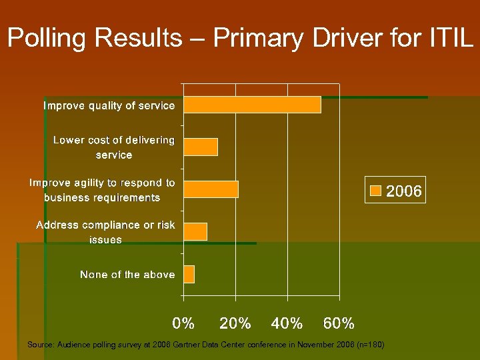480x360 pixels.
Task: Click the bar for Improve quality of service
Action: pyautogui.click(x=252, y=105)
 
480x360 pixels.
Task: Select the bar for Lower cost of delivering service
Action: pyautogui.click(x=201, y=147)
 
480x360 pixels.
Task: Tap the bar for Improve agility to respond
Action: pyautogui.click(x=211, y=189)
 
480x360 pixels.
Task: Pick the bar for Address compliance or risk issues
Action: pyautogui.click(x=195, y=231)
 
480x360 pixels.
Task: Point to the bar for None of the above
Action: pyautogui.click(x=189, y=274)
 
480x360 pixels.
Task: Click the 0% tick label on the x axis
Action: pyautogui.click(x=183, y=324)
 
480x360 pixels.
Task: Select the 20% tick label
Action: pyautogui.click(x=235, y=324)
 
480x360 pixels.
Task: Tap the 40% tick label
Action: pyautogui.click(x=287, y=324)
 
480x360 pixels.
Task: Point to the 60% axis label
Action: pyautogui.click(x=339, y=324)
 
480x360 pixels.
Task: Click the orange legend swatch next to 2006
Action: pyautogui.click(x=376, y=191)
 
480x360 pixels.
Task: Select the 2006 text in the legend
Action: pyautogui.click(x=404, y=191)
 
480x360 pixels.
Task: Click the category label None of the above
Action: pyautogui.click(x=127, y=275)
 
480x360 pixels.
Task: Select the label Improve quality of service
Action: pyautogui.click(x=109, y=105)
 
